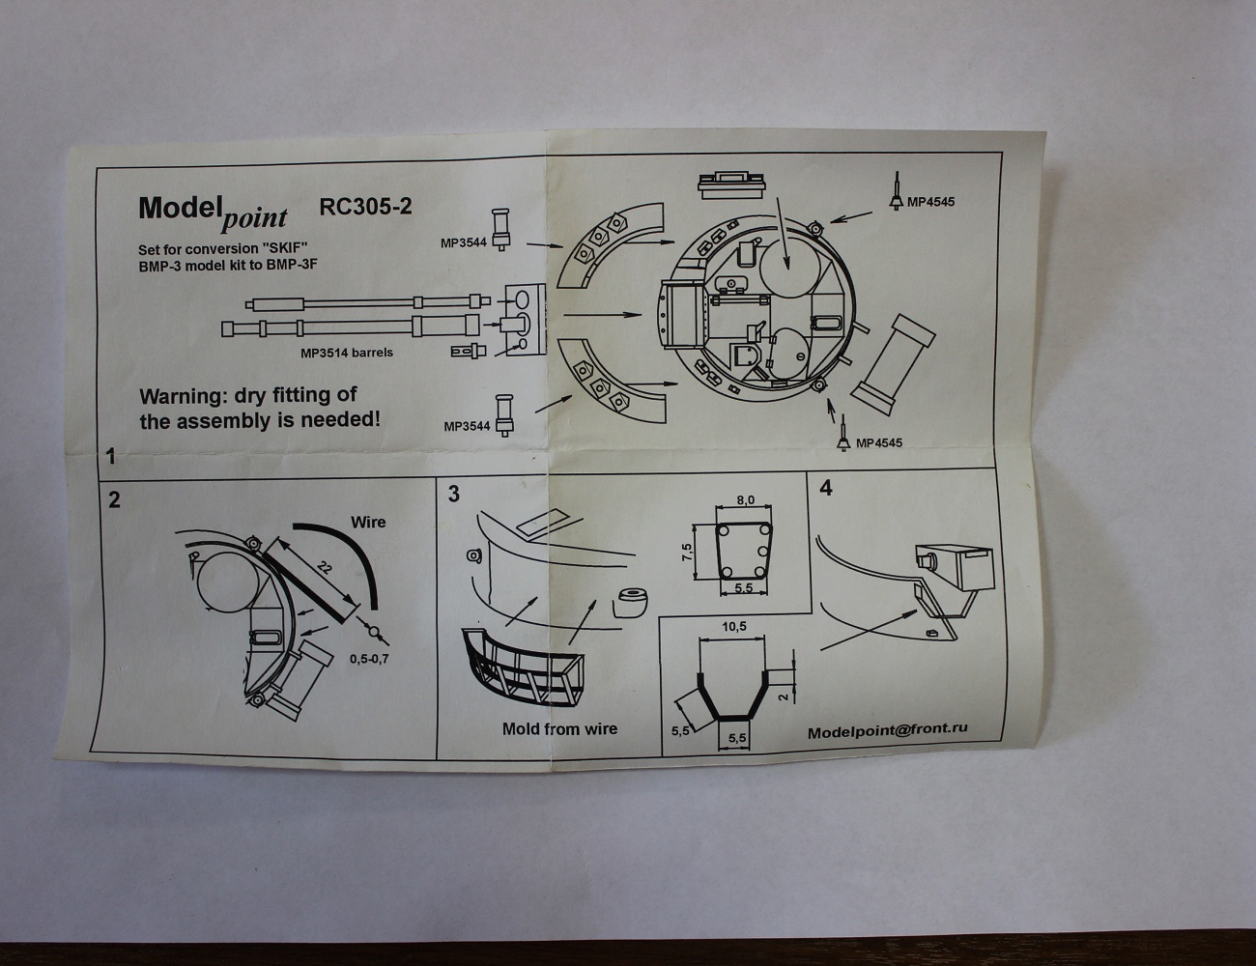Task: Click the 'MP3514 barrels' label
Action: [x=347, y=353]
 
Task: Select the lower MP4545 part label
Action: [x=878, y=442]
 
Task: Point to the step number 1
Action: [x=111, y=456]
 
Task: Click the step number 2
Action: [x=115, y=500]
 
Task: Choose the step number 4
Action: [x=825, y=488]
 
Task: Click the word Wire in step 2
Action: [x=367, y=523]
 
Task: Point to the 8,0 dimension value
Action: [x=744, y=500]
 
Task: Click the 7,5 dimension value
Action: [x=686, y=552]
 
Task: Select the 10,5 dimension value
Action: [x=734, y=627]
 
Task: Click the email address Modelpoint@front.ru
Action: [x=888, y=731]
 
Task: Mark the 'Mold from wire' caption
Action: [x=559, y=729]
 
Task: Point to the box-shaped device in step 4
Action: [x=956, y=565]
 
